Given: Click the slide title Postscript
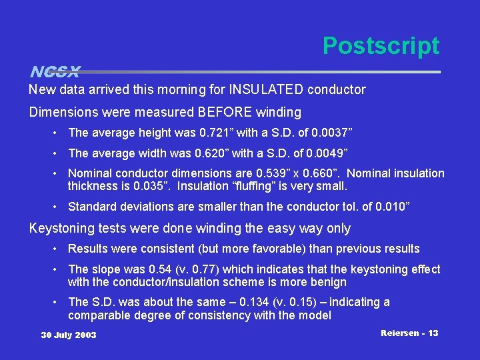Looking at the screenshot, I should pos(381,46).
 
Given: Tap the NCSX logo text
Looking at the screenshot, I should pos(55,71).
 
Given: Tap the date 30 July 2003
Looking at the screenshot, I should pos(69,335).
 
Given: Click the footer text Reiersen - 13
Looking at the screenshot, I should pos(409,333).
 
